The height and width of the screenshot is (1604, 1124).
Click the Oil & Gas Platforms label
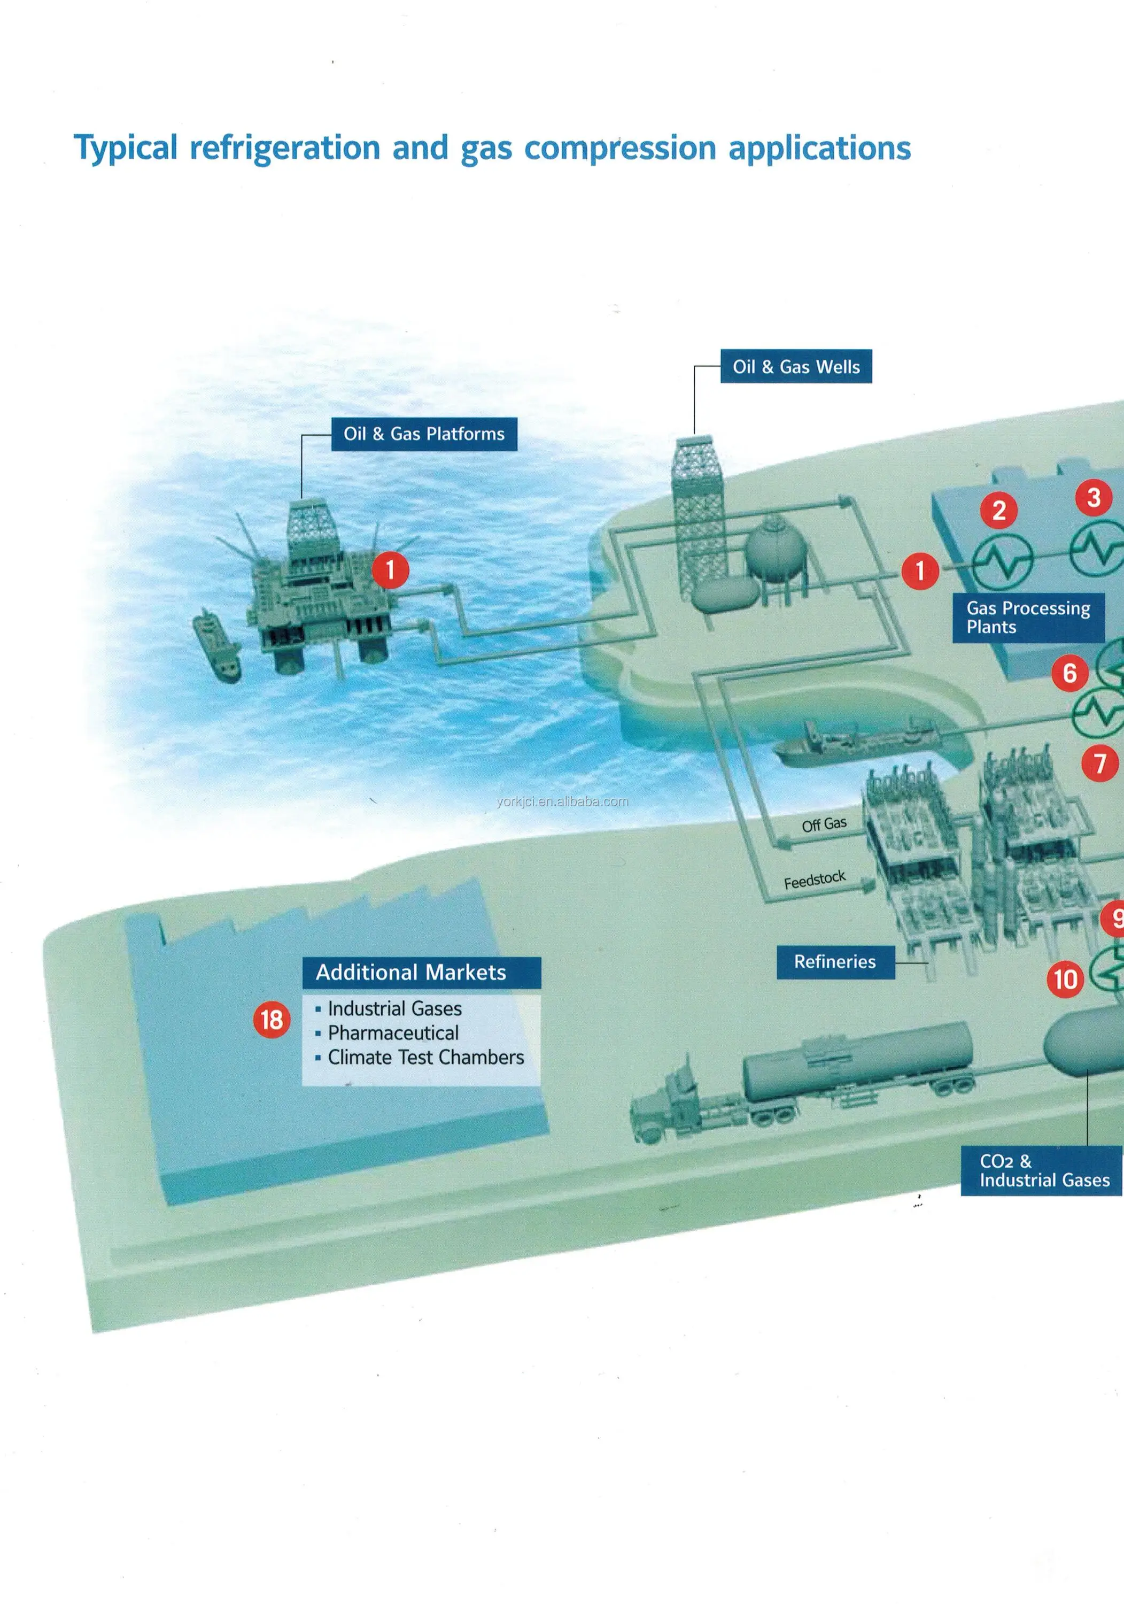[424, 434]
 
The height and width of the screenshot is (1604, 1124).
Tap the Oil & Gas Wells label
[796, 367]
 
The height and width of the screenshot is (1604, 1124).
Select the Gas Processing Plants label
[1028, 618]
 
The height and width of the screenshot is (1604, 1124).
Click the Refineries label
[835, 962]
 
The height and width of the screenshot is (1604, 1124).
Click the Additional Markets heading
[411, 973]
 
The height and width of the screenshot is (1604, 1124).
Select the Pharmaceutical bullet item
[393, 1032]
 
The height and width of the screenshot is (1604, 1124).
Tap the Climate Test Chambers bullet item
[425, 1057]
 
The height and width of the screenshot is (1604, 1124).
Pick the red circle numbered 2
[999, 511]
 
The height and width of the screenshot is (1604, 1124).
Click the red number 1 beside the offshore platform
[390, 570]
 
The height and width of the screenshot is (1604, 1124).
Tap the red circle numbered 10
[1065, 979]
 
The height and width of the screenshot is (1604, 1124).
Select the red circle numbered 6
[1069, 674]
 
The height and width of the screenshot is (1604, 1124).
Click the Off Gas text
[824, 824]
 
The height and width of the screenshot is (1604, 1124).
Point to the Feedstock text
[815, 880]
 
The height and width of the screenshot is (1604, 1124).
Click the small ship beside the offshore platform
[217, 646]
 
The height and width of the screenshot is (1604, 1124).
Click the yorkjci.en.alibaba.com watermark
[562, 801]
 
